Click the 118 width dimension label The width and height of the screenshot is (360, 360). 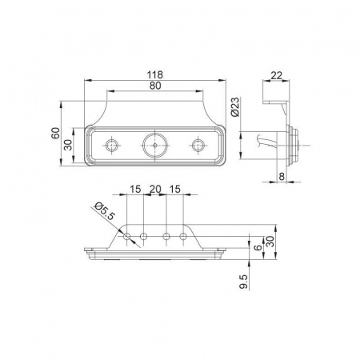pos(155,74)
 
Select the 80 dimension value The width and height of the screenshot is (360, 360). pos(155,86)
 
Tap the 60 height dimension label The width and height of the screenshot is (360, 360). pos(55,133)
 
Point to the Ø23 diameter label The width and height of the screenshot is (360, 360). pos(234,106)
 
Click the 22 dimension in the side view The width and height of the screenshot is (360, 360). pos(276,75)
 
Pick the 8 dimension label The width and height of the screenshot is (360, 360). pos(282,176)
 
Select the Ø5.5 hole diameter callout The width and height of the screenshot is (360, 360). pos(105,210)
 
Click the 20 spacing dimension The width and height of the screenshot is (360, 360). pos(155,189)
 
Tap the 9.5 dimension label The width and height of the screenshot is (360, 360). pos(244,282)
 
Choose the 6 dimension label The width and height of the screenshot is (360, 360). pos(258,248)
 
